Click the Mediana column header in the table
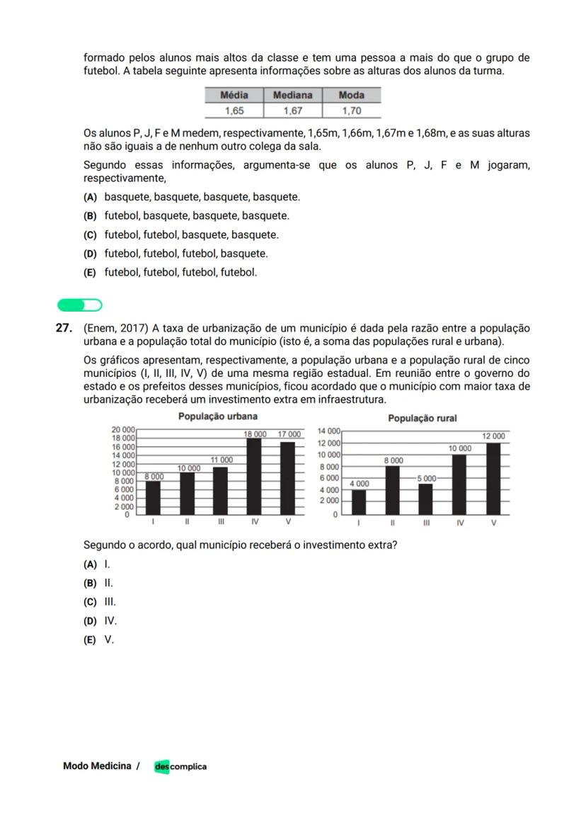point(292,95)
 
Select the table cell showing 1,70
point(351,110)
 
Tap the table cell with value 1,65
point(234,110)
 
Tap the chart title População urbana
point(217,416)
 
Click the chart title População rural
point(423,419)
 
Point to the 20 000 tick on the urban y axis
point(122,430)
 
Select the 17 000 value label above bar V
point(289,433)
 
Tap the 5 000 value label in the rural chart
point(426,478)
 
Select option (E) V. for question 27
point(98,640)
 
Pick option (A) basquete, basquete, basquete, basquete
point(192,197)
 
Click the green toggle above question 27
point(80,305)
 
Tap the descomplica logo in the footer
point(180,766)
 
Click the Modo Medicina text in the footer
point(97,766)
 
